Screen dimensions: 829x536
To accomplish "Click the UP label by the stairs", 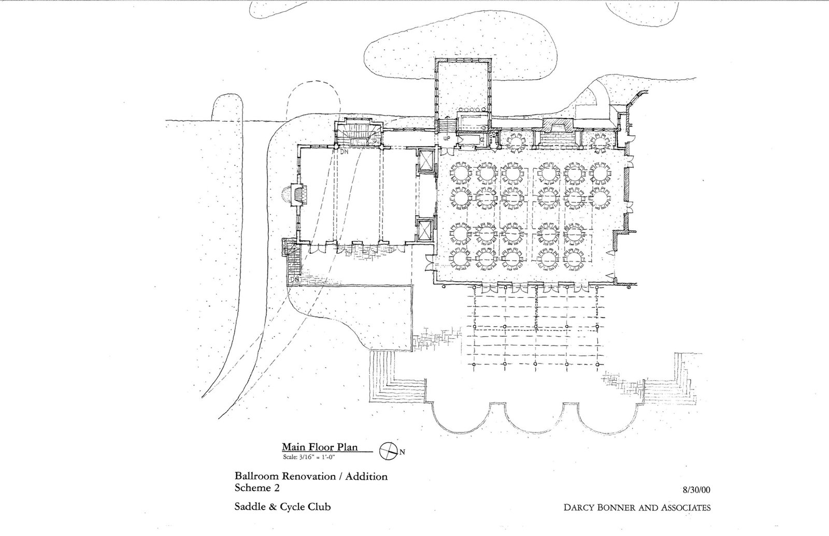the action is coord(447,138).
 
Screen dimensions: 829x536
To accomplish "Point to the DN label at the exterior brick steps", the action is coord(295,279).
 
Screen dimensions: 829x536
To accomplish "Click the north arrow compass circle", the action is coord(388,451).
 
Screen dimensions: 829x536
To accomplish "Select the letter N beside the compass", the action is coord(402,452).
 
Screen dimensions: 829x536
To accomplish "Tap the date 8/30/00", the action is coord(696,490).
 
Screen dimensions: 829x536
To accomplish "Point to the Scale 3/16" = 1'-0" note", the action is coord(309,457).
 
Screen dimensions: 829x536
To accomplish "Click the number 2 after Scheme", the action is coord(277,488).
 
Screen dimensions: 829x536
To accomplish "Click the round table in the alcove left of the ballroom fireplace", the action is coord(516,142).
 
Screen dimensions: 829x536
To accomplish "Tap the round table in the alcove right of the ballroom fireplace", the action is coord(600,142).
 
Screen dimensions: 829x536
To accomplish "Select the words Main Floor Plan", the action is coord(320,447).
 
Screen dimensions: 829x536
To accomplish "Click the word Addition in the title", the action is coord(366,476).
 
